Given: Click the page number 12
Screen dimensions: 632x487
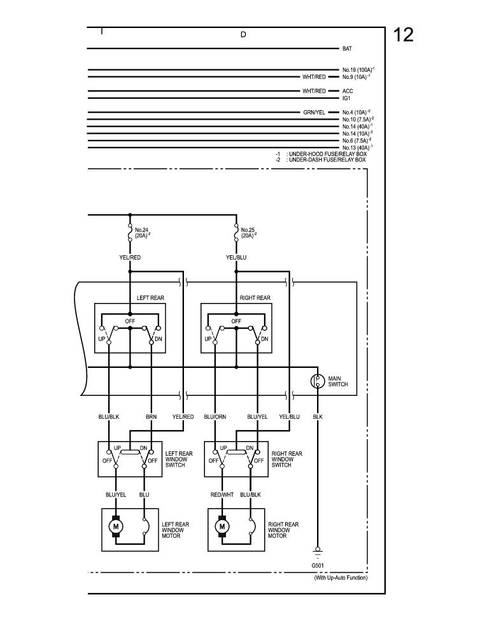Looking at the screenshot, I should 404,34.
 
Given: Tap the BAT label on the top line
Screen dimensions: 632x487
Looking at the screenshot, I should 347,48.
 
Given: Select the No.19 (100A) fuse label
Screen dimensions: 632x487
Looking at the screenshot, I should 358,69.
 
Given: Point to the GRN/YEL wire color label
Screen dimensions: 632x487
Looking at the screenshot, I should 314,112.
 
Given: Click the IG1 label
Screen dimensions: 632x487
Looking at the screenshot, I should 346,98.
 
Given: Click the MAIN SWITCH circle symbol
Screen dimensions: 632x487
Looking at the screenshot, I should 318,381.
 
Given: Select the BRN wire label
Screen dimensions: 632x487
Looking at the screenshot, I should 152,417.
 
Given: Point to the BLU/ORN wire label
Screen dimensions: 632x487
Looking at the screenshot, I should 215,417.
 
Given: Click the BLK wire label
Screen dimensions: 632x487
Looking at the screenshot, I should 318,417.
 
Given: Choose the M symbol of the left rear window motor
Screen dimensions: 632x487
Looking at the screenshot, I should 116,526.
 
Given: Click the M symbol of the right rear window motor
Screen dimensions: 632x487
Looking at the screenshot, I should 222,526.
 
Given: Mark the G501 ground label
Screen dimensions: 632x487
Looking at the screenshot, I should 317,565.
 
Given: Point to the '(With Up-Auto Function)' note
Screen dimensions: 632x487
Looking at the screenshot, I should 341,578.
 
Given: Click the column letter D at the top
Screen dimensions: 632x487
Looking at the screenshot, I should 243,34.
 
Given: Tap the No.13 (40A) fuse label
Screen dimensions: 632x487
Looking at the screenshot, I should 358,147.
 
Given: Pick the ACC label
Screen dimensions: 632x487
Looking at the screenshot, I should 348,91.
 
